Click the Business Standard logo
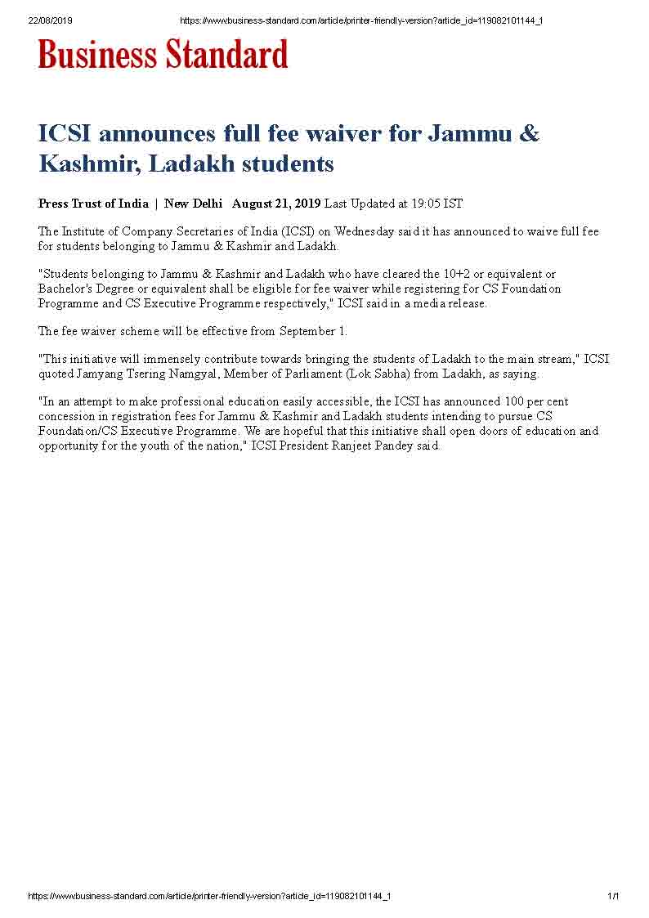click(163, 54)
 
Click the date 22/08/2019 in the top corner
click(51, 20)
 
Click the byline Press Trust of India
click(93, 204)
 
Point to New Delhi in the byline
click(193, 204)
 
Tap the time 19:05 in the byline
click(426, 204)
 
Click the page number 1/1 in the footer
click(613, 896)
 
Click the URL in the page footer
click(209, 896)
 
